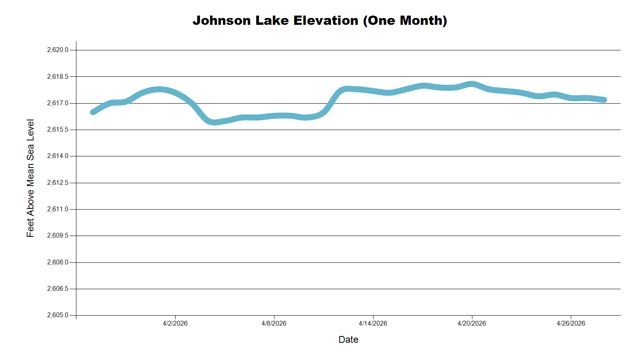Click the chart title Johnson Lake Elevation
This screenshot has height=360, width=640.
[275, 20]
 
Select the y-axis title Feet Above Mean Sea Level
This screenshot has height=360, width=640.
[30, 178]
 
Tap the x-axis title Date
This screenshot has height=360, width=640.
[348, 340]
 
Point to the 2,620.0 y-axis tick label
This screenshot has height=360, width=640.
[58, 50]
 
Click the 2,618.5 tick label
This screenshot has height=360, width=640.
[58, 76]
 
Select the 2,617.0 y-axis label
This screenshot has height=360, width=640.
[58, 103]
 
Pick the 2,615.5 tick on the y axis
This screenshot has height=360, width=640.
[58, 130]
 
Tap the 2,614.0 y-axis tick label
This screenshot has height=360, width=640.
[58, 156]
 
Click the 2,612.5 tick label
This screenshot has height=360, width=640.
[58, 183]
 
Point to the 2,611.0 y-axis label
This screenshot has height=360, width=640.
[58, 209]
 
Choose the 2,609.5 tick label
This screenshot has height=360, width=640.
[58, 236]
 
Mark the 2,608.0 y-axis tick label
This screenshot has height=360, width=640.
[58, 262]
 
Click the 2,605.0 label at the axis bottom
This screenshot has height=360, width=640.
[58, 315]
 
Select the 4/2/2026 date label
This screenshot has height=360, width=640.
[175, 323]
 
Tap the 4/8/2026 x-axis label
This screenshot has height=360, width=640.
[274, 323]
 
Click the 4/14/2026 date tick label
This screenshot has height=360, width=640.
[373, 323]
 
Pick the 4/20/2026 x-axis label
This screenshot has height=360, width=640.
[472, 323]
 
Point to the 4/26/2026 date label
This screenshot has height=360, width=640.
[571, 323]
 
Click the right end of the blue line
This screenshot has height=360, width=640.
[604, 100]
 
